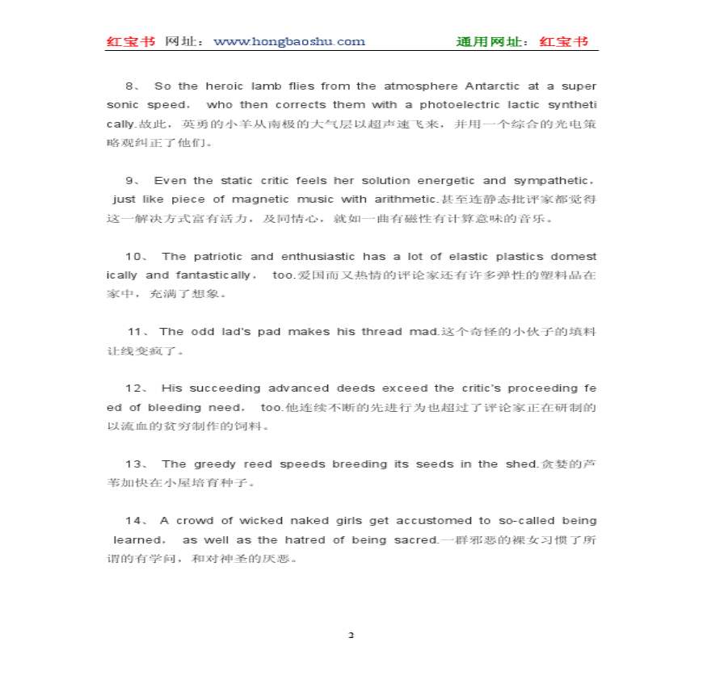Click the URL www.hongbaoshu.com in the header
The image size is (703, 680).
(288, 42)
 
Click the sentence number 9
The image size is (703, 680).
(131, 181)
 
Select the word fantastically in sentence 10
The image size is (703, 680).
(213, 275)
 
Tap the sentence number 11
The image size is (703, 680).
(137, 332)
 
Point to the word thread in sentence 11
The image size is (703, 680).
(384, 332)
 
